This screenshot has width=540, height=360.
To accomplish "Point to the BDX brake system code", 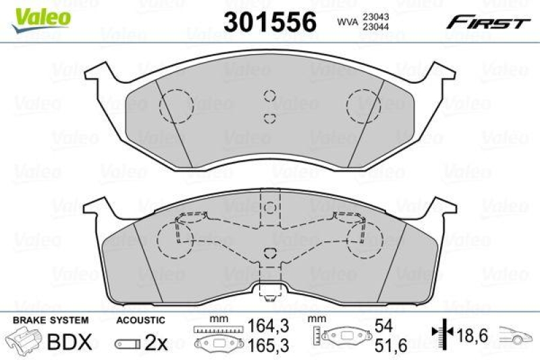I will [68, 342].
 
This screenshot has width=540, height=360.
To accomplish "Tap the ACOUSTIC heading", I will [140, 319].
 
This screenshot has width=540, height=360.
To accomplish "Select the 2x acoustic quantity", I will [156, 342].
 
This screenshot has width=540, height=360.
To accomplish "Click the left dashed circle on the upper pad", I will [175, 105].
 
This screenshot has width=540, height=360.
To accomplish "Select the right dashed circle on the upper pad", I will [364, 106].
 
